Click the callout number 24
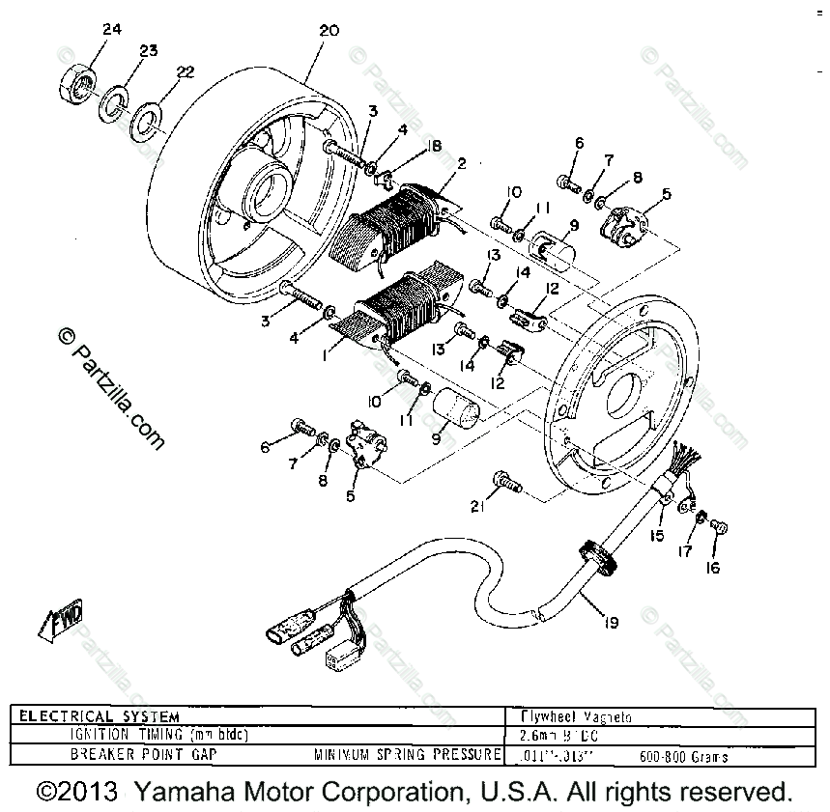(x=112, y=29)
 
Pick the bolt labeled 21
(x=503, y=480)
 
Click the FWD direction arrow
(x=62, y=621)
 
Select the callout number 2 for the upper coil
(x=462, y=163)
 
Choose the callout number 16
(x=712, y=568)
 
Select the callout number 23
(x=147, y=51)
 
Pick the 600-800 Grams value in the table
(x=683, y=757)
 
